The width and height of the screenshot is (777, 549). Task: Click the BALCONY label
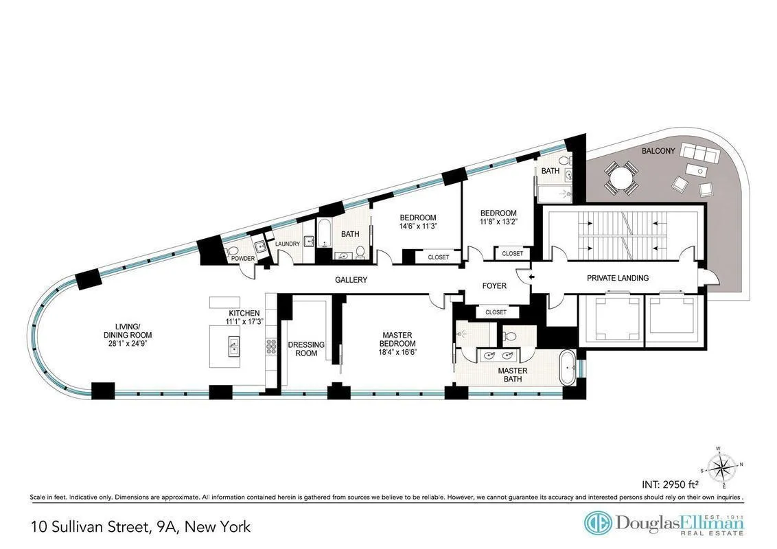pos(658,150)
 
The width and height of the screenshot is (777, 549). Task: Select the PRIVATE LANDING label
pos(617,278)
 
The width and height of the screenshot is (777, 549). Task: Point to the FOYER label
pos(494,285)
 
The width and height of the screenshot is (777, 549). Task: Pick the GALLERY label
pos(351,280)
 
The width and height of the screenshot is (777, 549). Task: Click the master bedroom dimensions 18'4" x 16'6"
pos(397,351)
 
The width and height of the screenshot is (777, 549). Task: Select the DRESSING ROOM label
pos(306,349)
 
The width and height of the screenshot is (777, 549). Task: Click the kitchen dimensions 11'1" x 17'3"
pos(244,321)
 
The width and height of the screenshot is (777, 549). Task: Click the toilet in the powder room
pos(232,251)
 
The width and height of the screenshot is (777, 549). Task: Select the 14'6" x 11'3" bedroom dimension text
pos(418,226)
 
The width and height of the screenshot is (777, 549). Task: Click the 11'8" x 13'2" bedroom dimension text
pos(498,222)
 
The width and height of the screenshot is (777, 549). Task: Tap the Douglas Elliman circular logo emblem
pos(597,523)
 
